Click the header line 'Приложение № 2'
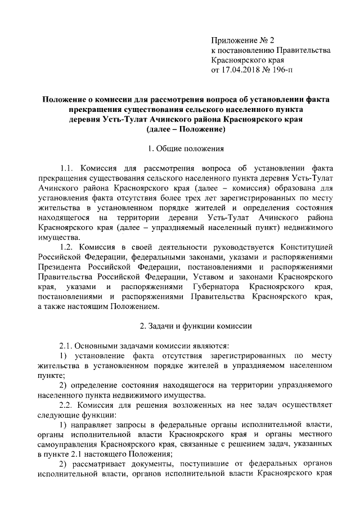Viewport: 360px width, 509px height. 242,40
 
